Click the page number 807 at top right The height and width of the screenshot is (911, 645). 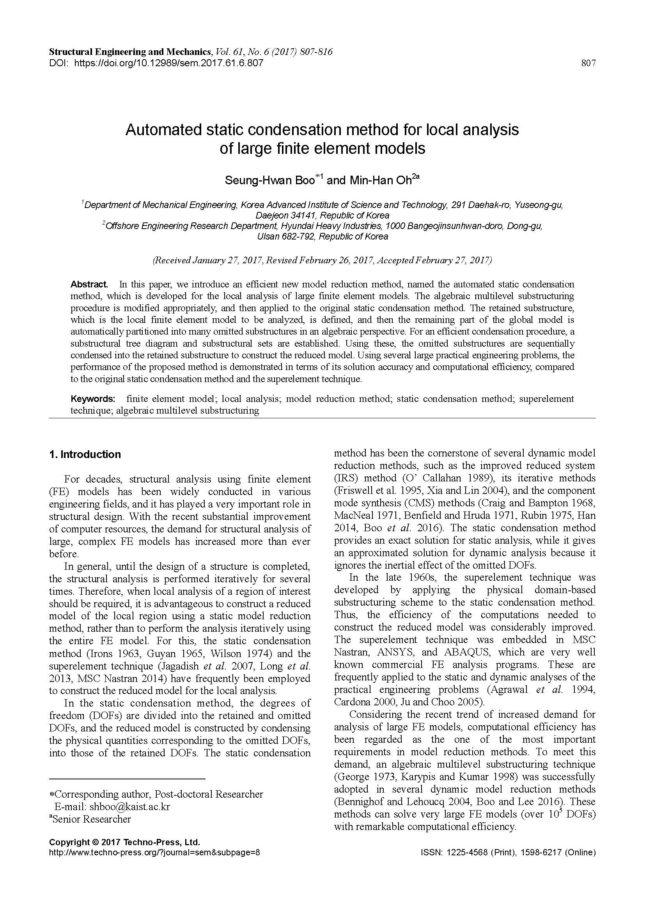pos(588,63)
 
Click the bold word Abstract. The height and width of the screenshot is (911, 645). pos(89,284)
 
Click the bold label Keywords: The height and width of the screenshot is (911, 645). pos(93,399)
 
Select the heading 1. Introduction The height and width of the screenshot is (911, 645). pos(85,454)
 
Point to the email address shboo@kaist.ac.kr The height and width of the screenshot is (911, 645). pos(129,807)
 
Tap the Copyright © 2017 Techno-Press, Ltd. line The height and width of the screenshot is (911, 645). pos(124,842)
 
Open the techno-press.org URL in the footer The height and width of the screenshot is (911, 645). pos(154,852)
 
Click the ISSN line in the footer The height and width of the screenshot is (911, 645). pos(508,852)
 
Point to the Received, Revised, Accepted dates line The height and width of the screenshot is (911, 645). pos(322,260)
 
